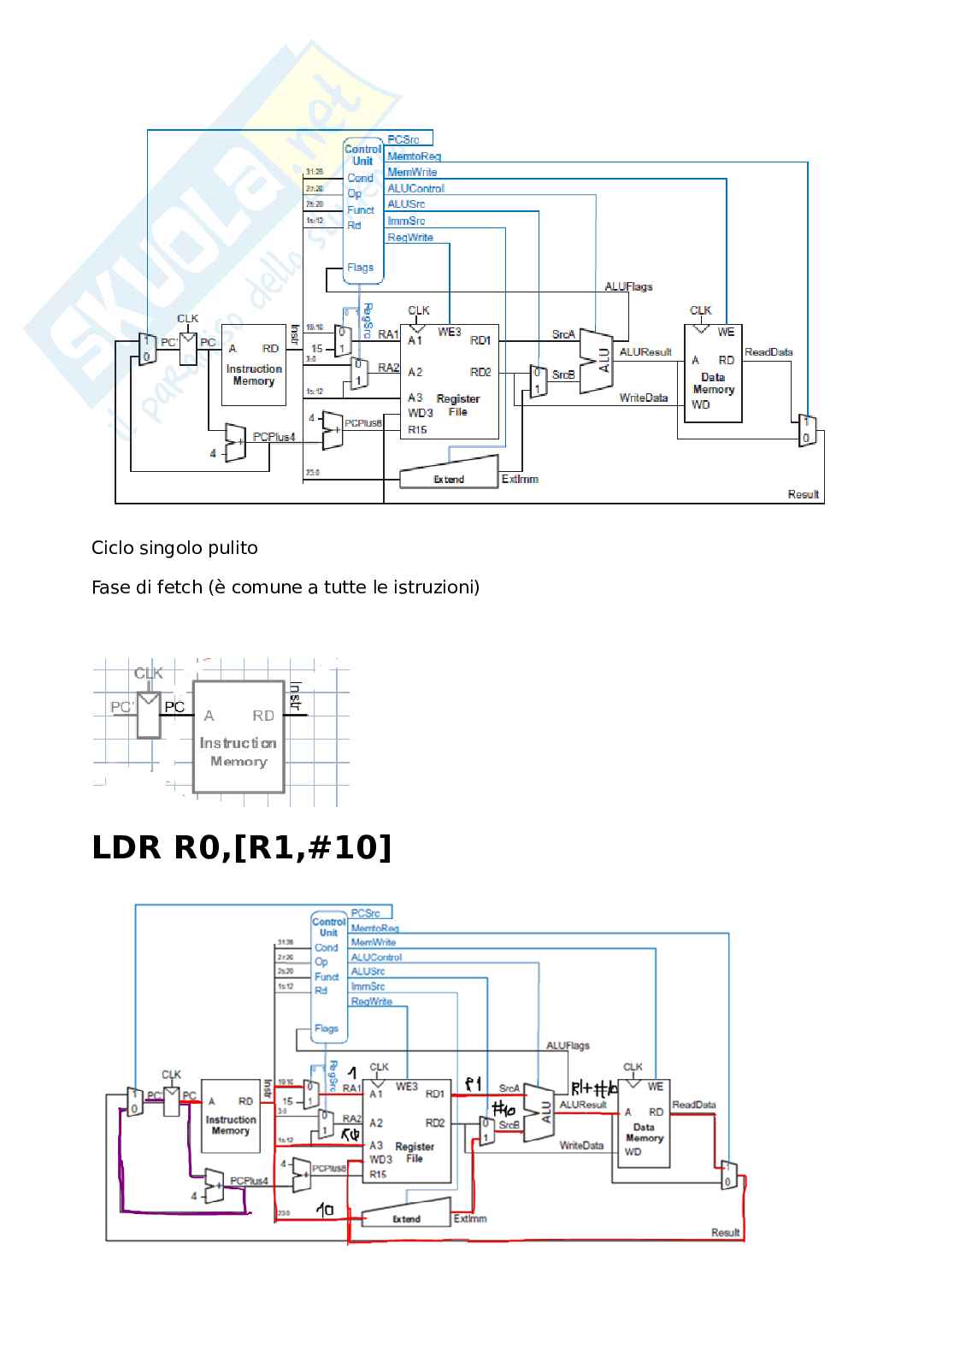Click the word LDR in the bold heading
point(126,847)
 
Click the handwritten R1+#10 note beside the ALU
point(594,1089)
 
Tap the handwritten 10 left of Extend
point(325,1209)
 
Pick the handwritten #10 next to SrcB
point(503,1110)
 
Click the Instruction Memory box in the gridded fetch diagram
point(238,737)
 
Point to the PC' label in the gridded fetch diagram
point(121,707)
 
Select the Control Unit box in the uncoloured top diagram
point(362,210)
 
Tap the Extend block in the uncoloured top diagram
point(449,473)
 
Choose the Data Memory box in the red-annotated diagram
point(644,1129)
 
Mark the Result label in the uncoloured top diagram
point(803,494)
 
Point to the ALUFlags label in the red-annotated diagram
point(568,1046)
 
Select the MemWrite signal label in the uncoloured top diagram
point(412,172)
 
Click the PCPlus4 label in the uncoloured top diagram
point(274,437)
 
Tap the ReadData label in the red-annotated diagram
point(693,1105)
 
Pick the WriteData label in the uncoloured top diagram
point(643,398)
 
